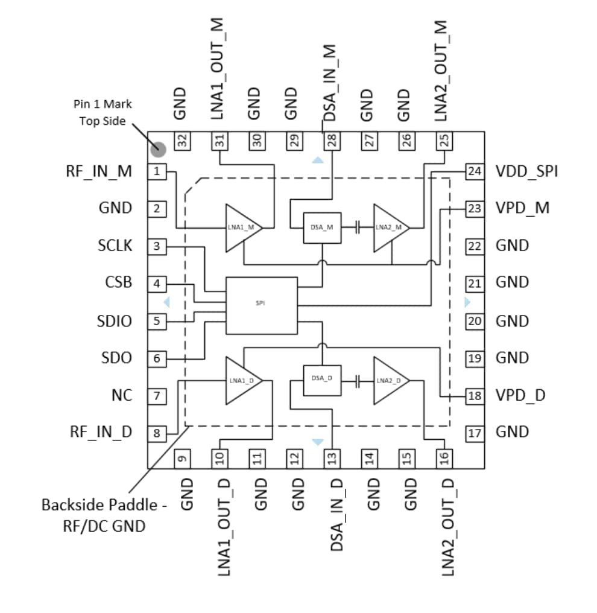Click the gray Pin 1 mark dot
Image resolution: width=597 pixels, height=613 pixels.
158,148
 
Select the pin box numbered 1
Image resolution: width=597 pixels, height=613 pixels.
157,172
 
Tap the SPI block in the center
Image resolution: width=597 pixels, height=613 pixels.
261,305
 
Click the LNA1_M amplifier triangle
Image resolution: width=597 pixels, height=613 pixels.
240,227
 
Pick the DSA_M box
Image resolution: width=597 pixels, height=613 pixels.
321,227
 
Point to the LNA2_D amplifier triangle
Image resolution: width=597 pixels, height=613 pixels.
388,381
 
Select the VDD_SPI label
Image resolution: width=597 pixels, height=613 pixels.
526,172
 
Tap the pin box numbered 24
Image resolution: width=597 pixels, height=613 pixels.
475,172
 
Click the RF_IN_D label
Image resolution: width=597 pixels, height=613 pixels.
101,432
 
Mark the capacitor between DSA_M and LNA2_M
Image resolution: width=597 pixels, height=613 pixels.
358,227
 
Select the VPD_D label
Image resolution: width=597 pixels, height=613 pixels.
520,396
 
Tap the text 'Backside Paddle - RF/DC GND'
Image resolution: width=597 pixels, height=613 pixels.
104,515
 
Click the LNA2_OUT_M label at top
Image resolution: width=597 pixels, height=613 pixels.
442,70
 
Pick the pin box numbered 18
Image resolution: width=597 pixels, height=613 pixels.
475,396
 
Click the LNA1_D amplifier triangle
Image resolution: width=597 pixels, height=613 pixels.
240,381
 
